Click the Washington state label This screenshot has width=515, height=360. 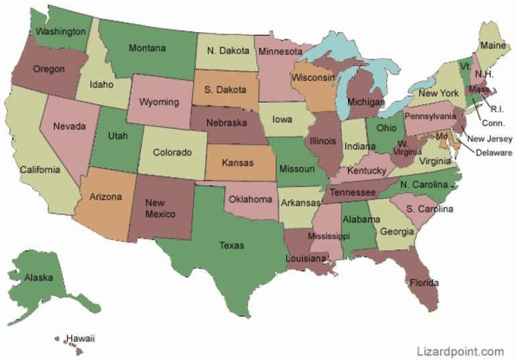[60, 32]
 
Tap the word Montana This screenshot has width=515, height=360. [147, 48]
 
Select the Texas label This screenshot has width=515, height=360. [231, 245]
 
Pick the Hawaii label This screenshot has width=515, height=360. [80, 339]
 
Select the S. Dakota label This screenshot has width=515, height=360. [225, 90]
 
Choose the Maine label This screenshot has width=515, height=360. [492, 46]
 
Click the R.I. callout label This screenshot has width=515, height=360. [497, 108]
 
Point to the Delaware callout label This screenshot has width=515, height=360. [494, 152]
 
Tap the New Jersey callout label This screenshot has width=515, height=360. [490, 139]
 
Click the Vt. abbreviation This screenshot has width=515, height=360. [465, 67]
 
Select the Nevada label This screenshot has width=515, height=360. [69, 126]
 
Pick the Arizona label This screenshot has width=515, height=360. [105, 197]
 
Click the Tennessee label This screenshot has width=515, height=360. [353, 192]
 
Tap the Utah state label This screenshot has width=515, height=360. [119, 135]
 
